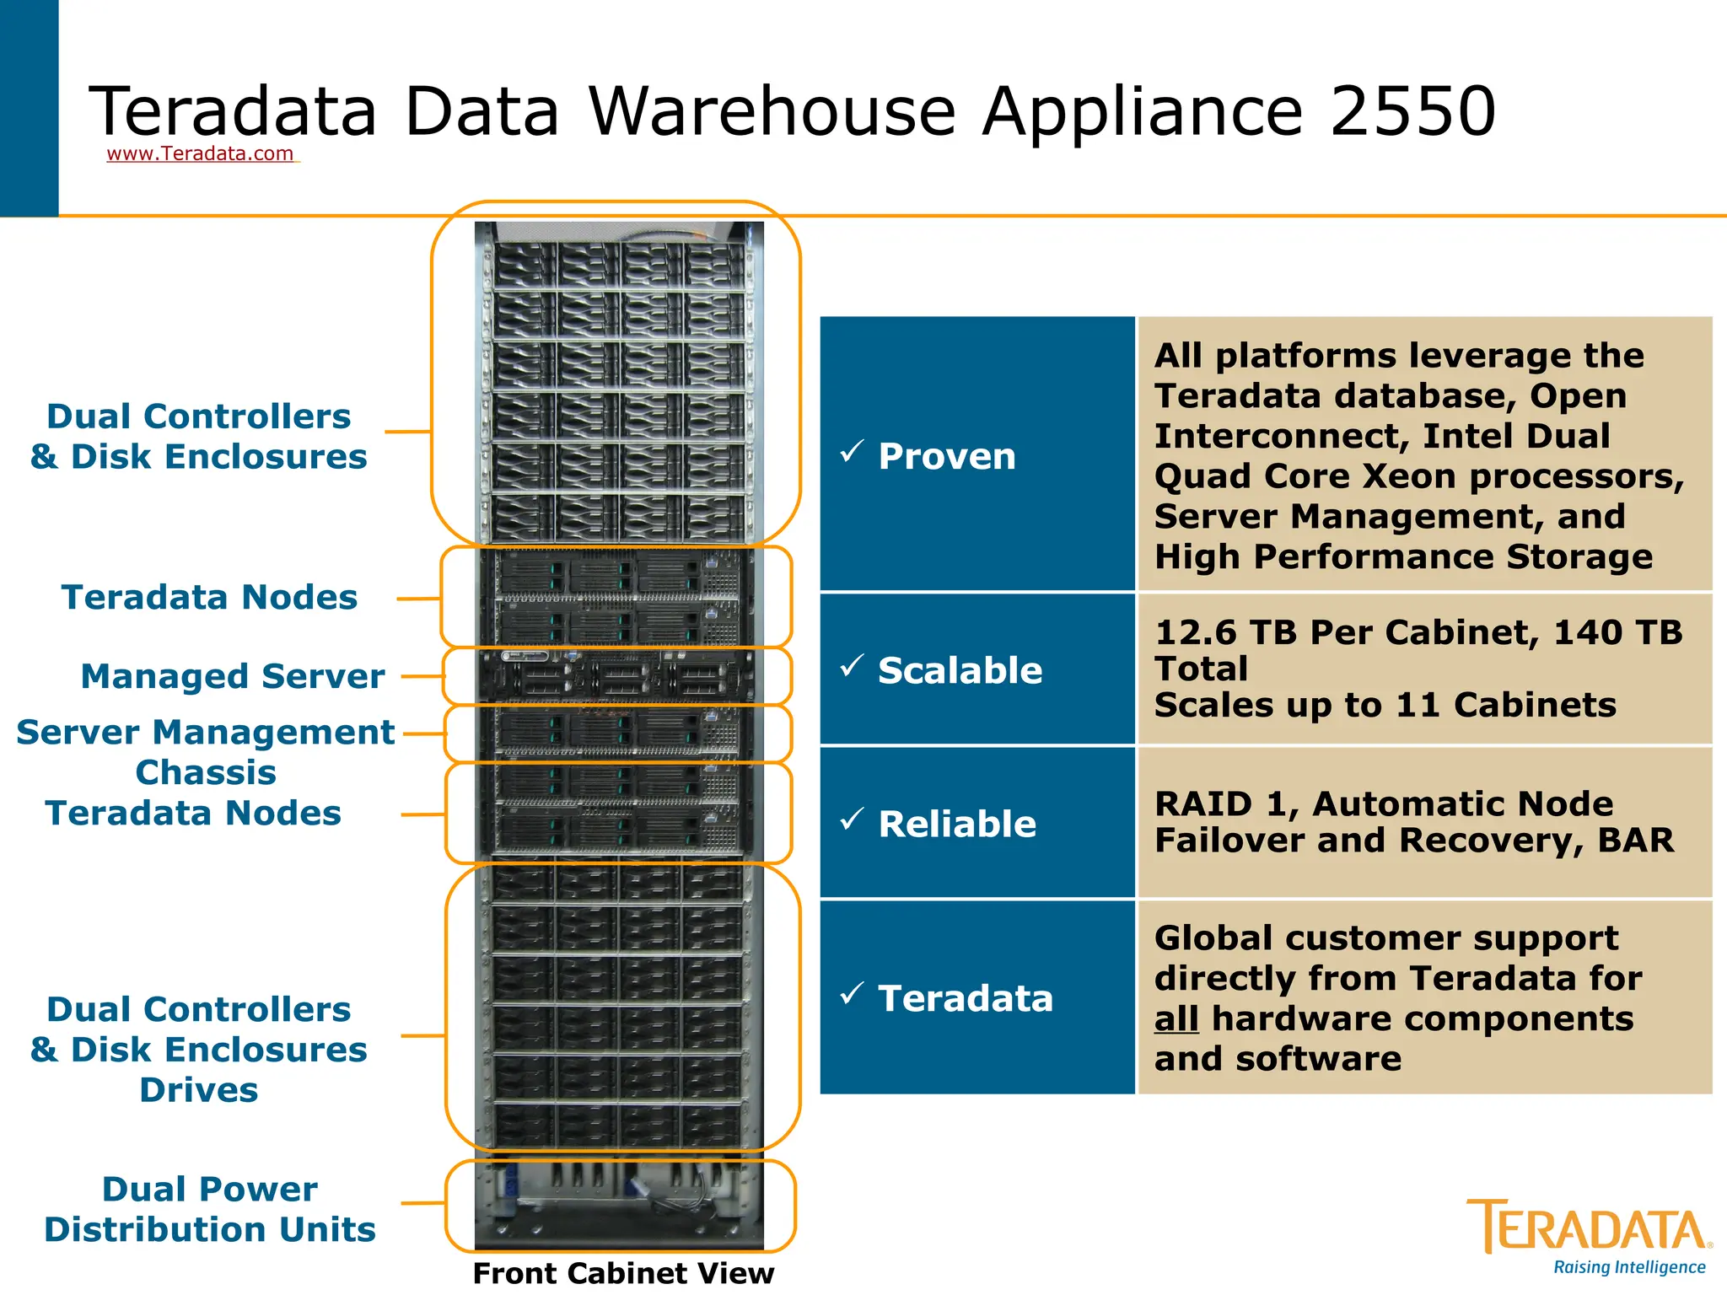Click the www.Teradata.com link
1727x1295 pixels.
(x=200, y=153)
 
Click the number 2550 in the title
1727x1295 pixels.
(x=1412, y=111)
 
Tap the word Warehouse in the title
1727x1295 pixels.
(x=772, y=111)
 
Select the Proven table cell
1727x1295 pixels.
(x=976, y=455)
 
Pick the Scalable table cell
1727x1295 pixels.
(x=976, y=670)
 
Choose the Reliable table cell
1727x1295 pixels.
(x=976, y=823)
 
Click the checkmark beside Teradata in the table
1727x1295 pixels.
(x=852, y=992)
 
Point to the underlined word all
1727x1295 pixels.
(x=1176, y=1018)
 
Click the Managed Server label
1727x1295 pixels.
(x=232, y=676)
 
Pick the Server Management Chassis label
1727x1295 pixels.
(x=205, y=752)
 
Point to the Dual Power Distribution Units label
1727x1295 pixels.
(x=209, y=1209)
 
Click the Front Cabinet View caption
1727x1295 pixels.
(x=623, y=1273)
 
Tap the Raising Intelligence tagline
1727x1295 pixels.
(x=1629, y=1267)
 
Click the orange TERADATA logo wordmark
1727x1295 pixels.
(x=1589, y=1227)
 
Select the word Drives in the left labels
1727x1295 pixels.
(x=199, y=1090)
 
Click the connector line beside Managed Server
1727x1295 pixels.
(x=422, y=676)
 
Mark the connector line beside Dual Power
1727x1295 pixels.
(x=422, y=1203)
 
